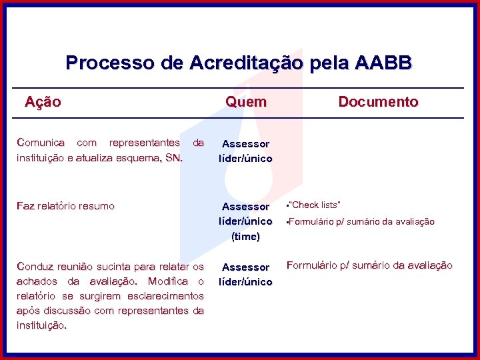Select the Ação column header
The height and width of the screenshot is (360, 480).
pyautogui.click(x=43, y=102)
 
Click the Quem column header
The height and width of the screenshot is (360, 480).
pyautogui.click(x=245, y=102)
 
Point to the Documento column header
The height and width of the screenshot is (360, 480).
pyautogui.click(x=378, y=102)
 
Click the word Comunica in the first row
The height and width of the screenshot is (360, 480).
pyautogui.click(x=41, y=143)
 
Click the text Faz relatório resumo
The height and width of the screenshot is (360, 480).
pyautogui.click(x=65, y=206)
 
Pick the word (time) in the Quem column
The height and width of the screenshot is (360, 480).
pyautogui.click(x=245, y=236)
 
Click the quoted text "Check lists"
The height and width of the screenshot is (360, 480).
pyautogui.click(x=315, y=205)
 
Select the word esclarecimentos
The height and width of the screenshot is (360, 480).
pyautogui.click(x=161, y=296)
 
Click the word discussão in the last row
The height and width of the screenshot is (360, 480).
pyautogui.click(x=67, y=311)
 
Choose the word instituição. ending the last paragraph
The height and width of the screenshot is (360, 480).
pyautogui.click(x=42, y=325)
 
